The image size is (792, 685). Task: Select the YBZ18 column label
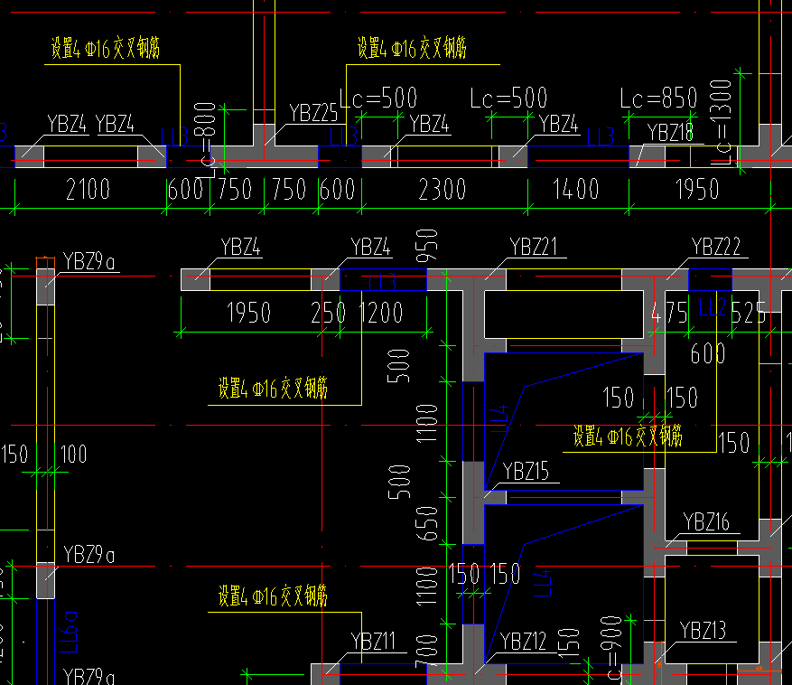coord(669,132)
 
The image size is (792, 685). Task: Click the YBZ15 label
coord(526,471)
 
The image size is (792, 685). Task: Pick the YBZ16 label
coord(706,521)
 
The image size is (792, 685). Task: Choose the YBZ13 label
coord(703,630)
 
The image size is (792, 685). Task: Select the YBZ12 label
coord(524,642)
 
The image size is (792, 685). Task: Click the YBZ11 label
coord(373,642)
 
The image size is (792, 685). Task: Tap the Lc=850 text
coord(659,98)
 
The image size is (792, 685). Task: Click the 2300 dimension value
coord(443,189)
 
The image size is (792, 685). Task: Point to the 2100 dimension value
coord(88,189)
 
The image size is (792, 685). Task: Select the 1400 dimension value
coord(576,189)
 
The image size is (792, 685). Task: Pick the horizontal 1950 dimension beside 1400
coord(696,189)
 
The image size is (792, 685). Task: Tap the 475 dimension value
coord(669,313)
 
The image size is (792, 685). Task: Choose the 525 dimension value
coord(749,313)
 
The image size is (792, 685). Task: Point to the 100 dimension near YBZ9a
coord(73,453)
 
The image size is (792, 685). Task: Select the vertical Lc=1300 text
coord(721,121)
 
